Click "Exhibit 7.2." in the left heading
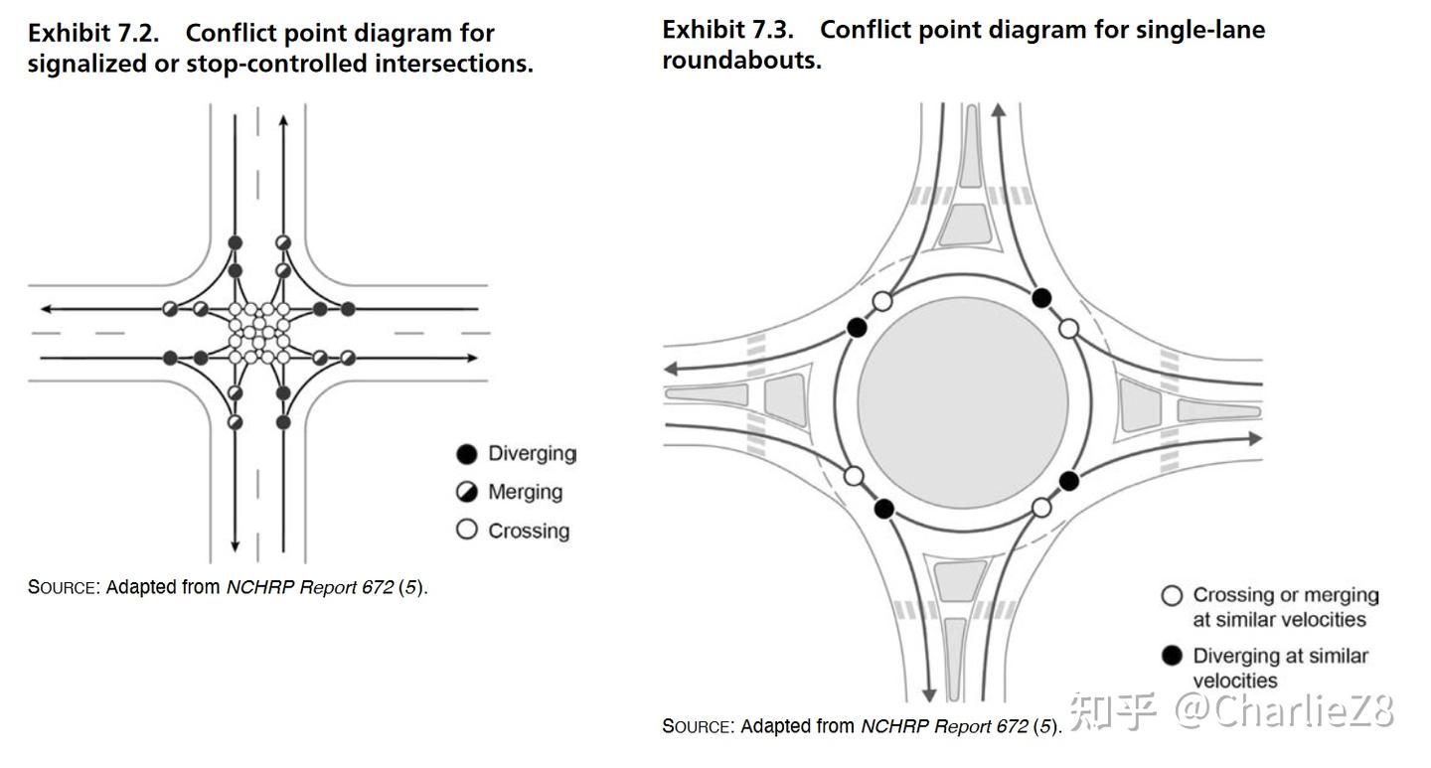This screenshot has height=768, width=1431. click(92, 33)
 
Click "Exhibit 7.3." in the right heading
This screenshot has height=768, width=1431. click(727, 29)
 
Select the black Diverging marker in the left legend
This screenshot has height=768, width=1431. click(467, 454)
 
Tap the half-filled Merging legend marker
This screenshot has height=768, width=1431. click(467, 492)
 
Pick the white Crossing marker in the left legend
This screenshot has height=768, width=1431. click(467, 530)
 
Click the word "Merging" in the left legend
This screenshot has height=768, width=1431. click(525, 492)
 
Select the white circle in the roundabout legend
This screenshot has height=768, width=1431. click(1173, 595)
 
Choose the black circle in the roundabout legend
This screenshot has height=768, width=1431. click(1173, 656)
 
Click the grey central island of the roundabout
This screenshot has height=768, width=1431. click(962, 402)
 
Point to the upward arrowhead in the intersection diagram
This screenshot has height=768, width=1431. click(283, 121)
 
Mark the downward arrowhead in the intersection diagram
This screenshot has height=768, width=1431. click(236, 545)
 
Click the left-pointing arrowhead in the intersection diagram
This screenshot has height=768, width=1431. click(46, 310)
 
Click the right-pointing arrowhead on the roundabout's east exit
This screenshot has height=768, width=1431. click(1254, 438)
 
